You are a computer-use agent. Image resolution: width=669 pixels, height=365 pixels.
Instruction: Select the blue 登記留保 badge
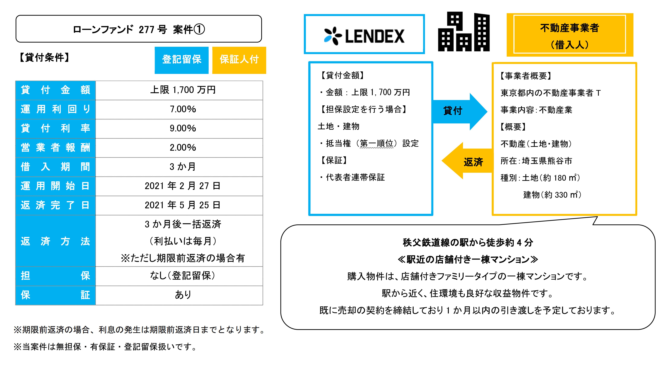[182, 60]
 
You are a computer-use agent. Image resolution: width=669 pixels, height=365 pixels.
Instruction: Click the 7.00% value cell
[183, 109]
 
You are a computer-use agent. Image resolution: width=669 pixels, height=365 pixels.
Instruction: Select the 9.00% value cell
[183, 128]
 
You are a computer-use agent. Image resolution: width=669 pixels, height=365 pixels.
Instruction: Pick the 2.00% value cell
[183, 147]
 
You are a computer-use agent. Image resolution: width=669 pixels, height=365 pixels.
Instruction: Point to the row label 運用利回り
[56, 109]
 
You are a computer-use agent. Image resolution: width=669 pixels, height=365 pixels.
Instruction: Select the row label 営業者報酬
[56, 147]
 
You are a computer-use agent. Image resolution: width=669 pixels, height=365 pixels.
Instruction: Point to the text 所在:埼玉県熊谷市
[536, 161]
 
